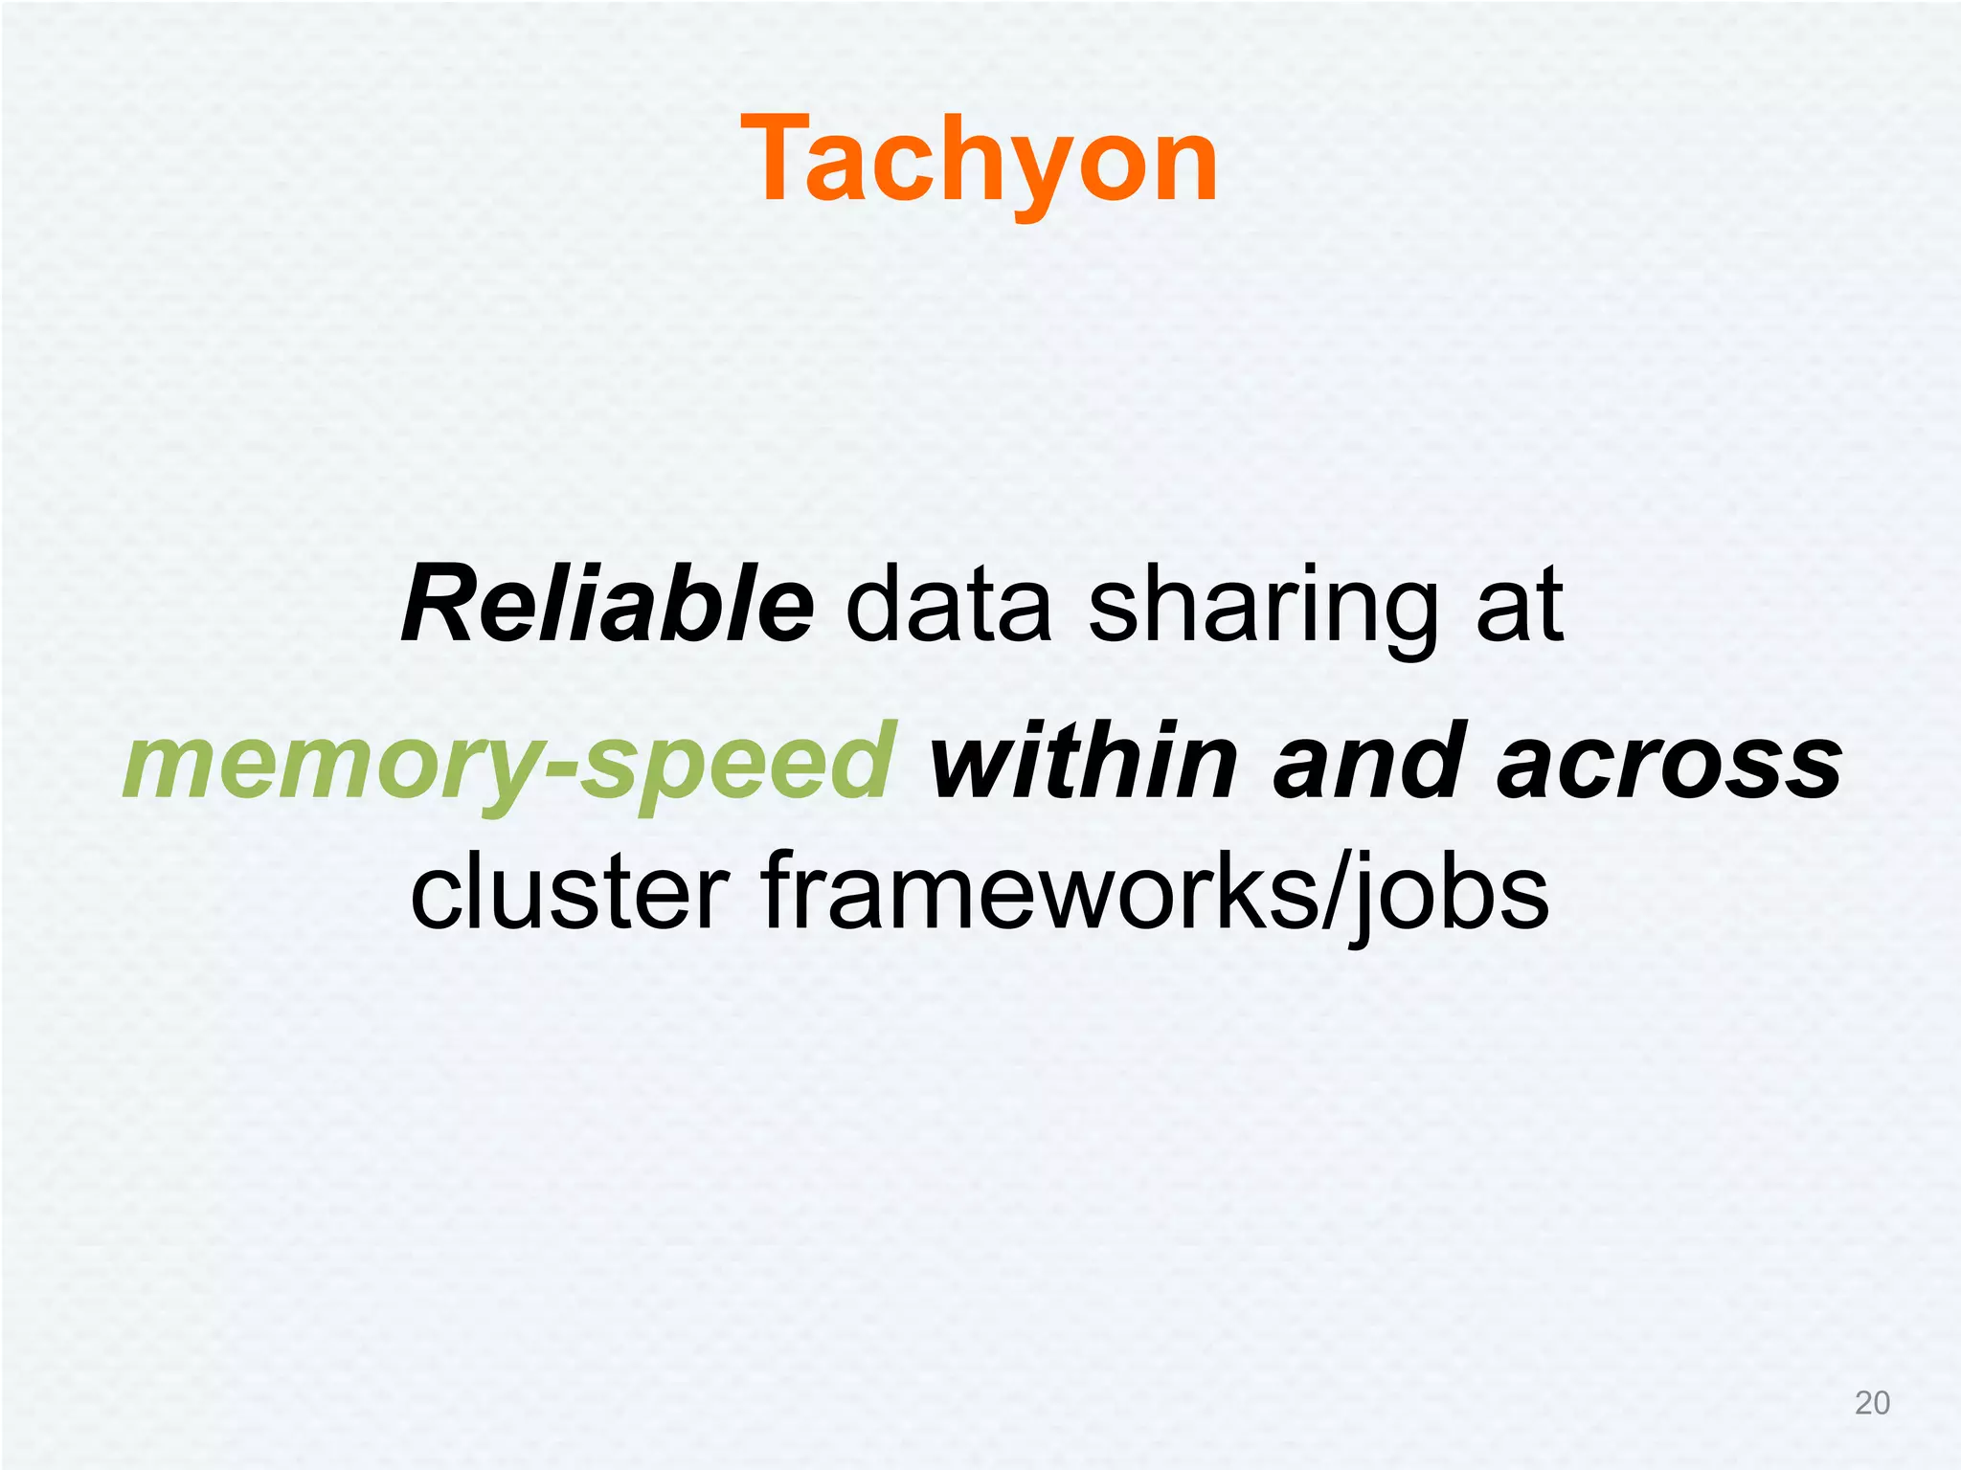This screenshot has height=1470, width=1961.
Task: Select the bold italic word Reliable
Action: coord(607,606)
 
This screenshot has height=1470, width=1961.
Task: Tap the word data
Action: coord(948,606)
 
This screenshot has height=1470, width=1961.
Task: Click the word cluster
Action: coord(569,892)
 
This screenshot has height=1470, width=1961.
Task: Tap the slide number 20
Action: coord(1872,1403)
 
